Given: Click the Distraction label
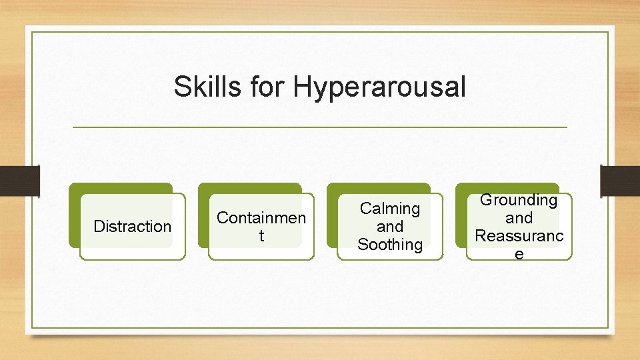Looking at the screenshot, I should [x=132, y=227].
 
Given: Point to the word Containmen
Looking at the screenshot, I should [x=261, y=218].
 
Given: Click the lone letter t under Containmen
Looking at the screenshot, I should [x=261, y=236].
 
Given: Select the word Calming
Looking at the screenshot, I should [x=390, y=209].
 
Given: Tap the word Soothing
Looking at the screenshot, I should [x=390, y=245].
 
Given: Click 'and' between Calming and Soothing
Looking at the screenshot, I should [x=390, y=227].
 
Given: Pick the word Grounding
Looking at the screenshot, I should [x=519, y=200].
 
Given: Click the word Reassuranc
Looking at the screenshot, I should [x=519, y=236].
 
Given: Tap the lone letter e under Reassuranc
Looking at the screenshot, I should [x=519, y=254].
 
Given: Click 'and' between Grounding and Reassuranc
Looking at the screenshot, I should [x=519, y=218].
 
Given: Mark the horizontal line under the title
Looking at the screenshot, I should [x=319, y=127].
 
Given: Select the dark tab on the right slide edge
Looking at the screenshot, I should [x=620, y=181].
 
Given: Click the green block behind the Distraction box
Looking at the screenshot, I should [x=120, y=189].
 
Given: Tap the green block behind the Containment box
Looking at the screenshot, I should [x=249, y=189].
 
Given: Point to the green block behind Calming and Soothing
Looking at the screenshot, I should [x=378, y=189].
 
